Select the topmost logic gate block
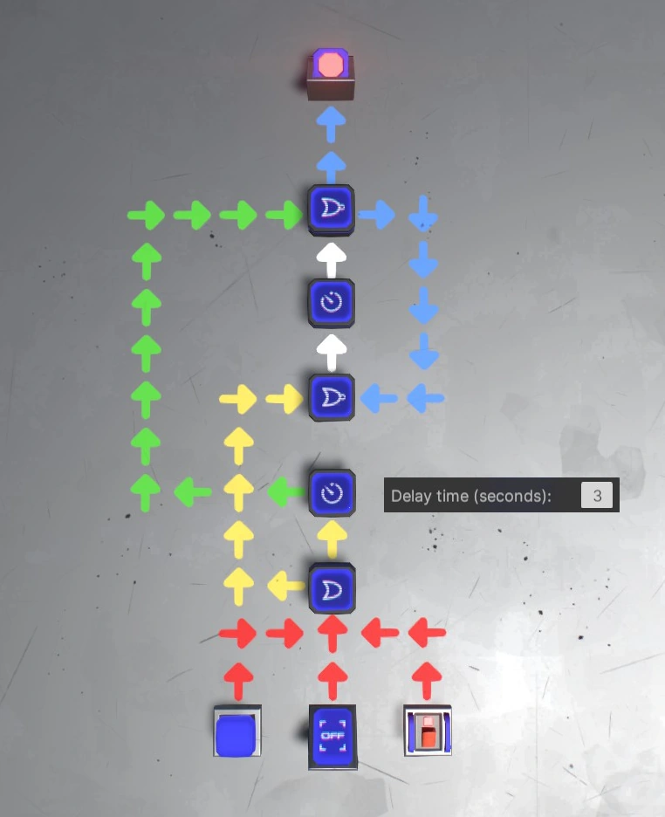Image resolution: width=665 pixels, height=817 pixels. coord(332,209)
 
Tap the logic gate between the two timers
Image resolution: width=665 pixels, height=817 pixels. coord(332,398)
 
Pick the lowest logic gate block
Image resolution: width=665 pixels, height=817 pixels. coord(332,587)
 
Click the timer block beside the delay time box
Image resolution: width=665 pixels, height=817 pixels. coord(332,493)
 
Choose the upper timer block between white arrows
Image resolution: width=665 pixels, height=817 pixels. coord(332,303)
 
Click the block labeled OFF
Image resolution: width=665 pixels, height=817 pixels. coord(332,736)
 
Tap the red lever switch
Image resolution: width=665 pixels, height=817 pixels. coord(428,731)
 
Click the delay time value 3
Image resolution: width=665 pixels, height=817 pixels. coord(597,496)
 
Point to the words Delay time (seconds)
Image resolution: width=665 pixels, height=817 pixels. coord(471,496)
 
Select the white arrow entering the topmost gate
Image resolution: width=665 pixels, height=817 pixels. coord(332,258)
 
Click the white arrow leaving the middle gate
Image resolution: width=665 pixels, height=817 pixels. coord(332,352)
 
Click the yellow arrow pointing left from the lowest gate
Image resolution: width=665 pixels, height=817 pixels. coord(285,583)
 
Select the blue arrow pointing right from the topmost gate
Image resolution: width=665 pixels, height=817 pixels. coord(377,213)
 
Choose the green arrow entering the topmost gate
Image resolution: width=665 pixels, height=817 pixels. coord(285,213)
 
